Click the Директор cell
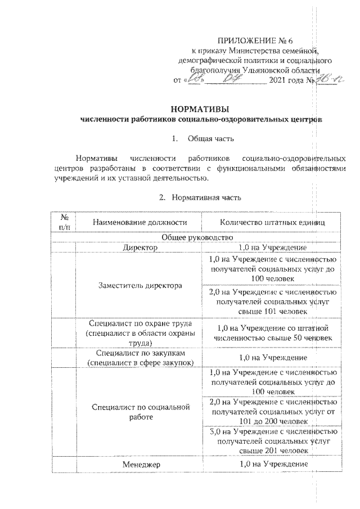[138, 247]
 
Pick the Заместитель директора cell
[138, 286]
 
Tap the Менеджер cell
[138, 464]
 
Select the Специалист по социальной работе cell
[138, 411]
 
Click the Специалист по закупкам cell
[138, 358]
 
